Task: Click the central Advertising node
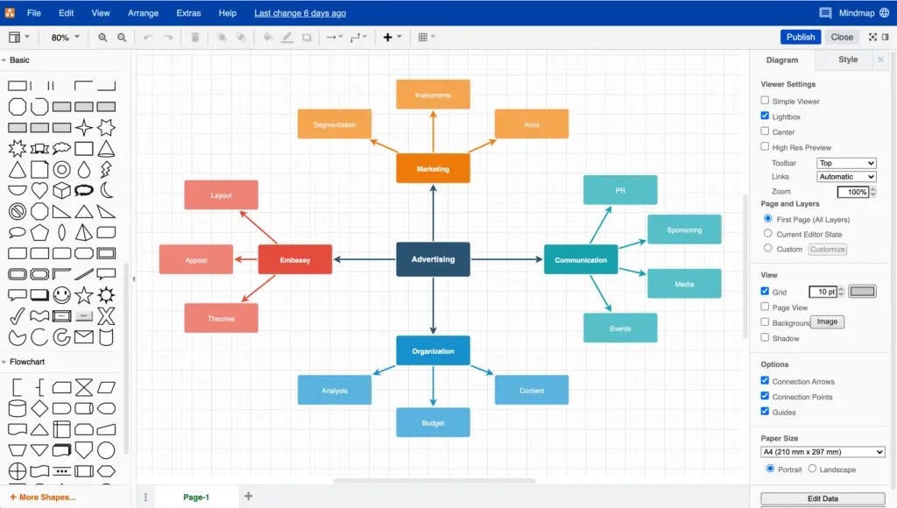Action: [x=433, y=259]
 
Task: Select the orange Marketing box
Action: [x=433, y=168]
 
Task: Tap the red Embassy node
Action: [x=295, y=260]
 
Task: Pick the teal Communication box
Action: [x=581, y=260]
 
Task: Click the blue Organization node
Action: [x=433, y=351]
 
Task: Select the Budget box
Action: [x=433, y=423]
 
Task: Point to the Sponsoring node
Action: [x=684, y=229]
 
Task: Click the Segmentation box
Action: [x=335, y=124]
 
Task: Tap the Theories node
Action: [x=221, y=318]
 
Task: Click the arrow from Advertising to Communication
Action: [x=508, y=259]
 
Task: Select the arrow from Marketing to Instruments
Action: [x=433, y=131]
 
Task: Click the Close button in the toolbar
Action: [x=842, y=37]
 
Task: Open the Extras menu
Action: [x=188, y=13]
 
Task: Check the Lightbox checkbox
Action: [x=765, y=116]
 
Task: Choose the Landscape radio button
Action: [x=812, y=469]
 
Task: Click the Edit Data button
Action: [x=823, y=498]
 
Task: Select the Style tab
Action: [x=848, y=60]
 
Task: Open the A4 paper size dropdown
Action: [x=823, y=452]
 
